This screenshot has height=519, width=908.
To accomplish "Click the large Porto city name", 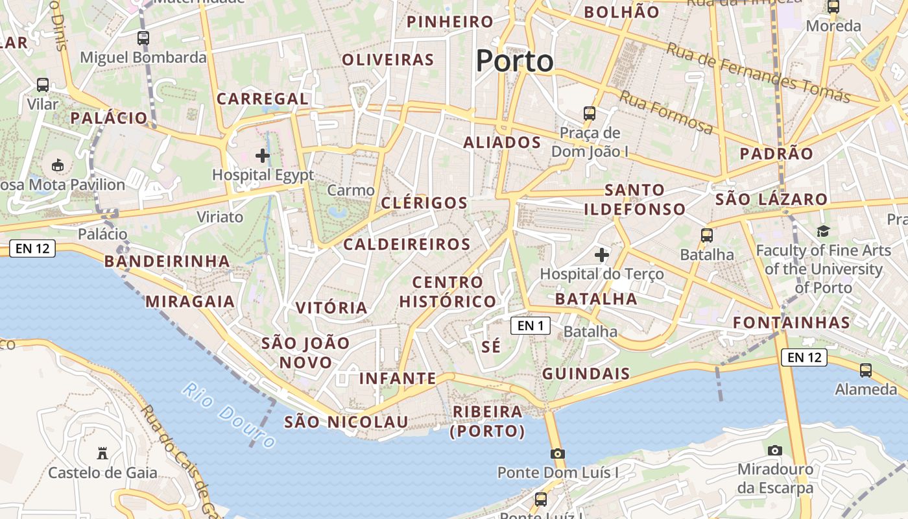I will (515, 61).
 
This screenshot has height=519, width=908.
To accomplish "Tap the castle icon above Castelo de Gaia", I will (102, 452).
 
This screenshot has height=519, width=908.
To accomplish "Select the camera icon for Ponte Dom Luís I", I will (557, 453).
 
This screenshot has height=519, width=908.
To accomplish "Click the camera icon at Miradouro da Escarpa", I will (774, 450).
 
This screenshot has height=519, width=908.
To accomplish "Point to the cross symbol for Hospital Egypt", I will (263, 156).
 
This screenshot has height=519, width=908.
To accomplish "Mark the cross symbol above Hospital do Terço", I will (602, 255).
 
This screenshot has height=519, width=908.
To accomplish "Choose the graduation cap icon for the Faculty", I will (823, 231).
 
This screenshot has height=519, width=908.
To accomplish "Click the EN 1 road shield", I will (531, 326).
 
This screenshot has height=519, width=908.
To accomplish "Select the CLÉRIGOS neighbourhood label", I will (424, 203).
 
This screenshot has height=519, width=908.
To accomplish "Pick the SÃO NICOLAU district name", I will (346, 422).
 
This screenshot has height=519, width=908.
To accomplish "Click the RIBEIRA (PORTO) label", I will (488, 421).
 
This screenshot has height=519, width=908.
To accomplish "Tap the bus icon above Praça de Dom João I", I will (590, 113).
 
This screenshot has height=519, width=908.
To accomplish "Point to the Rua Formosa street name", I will (665, 112).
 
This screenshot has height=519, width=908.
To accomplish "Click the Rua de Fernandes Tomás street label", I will (758, 73).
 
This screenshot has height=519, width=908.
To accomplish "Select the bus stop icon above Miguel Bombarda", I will (143, 38).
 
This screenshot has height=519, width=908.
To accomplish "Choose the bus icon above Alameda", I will (865, 370).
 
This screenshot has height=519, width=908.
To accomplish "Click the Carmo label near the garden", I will (351, 190).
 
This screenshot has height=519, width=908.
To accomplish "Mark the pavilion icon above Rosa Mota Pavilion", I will (58, 165).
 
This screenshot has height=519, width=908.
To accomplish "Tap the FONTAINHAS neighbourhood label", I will (791, 322).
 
